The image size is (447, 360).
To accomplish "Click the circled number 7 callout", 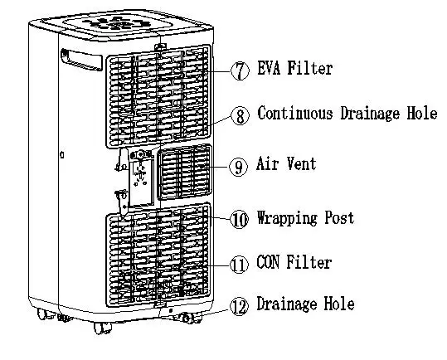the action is tap(240, 71).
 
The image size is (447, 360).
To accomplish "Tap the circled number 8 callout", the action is tap(240, 115).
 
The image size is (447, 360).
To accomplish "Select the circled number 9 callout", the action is tap(238, 167).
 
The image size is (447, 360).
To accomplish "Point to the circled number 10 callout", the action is tap(239, 219).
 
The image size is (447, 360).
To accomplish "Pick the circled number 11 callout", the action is tap(239, 265).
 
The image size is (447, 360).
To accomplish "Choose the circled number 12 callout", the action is tap(239, 306).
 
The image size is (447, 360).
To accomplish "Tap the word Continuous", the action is tap(295, 113).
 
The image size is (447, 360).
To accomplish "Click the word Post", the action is tap(340, 218).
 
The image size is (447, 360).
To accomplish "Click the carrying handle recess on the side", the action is tap(81, 60).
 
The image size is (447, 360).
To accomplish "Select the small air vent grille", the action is tap(185, 172).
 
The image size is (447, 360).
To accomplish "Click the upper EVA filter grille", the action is tap(158, 96).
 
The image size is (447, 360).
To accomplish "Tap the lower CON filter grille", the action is tap(158, 255).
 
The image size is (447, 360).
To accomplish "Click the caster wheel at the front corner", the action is tap(102, 328).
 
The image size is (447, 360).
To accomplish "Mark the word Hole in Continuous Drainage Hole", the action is tap(422, 113).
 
